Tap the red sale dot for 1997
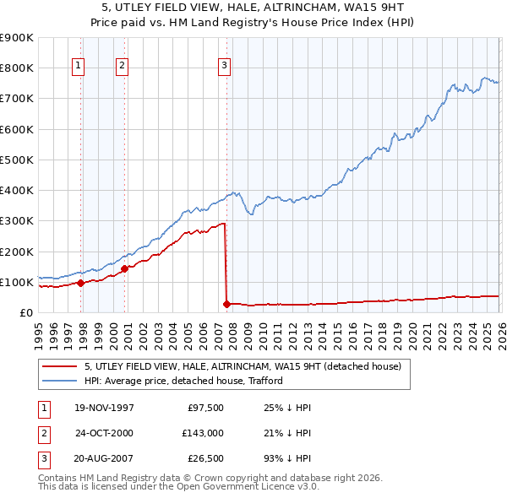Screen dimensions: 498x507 point(81,284)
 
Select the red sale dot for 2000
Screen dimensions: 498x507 point(124,269)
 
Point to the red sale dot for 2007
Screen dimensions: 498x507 point(226,305)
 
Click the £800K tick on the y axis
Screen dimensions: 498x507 point(17,68)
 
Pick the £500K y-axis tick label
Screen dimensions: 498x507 point(17,160)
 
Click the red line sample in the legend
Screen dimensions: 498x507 point(59,366)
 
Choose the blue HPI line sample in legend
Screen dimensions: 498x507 point(59,381)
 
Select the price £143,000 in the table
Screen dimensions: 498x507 point(203,433)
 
